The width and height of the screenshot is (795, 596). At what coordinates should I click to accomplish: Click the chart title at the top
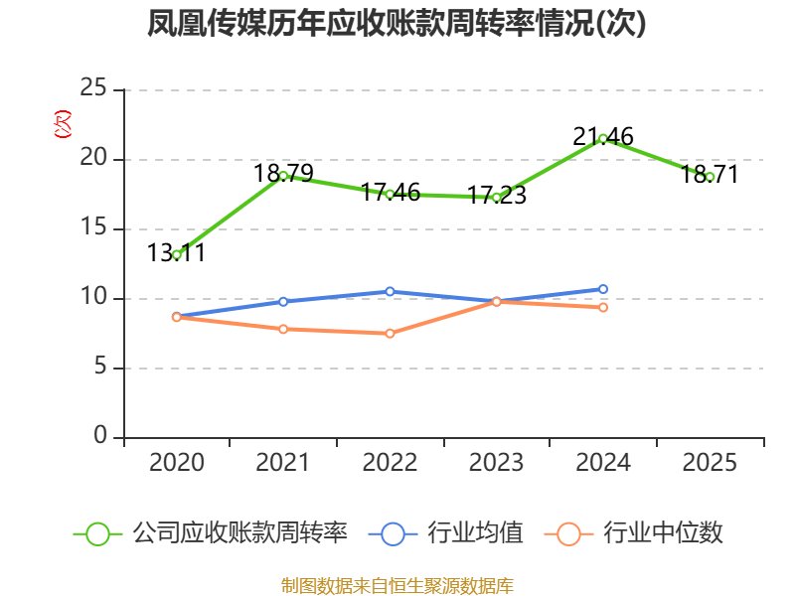[x=397, y=24]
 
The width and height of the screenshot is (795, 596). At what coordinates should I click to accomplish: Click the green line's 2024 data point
[x=603, y=138]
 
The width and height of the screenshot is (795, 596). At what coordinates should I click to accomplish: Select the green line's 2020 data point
[x=177, y=254]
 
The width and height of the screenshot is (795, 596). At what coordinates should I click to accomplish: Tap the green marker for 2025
[x=711, y=177]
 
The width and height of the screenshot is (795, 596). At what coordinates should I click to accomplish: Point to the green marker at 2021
[x=283, y=176]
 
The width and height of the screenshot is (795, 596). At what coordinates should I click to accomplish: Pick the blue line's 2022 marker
[x=390, y=291]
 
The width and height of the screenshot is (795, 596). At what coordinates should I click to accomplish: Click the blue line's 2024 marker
[x=603, y=289]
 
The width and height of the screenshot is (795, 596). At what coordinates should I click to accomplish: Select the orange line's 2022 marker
[x=390, y=333]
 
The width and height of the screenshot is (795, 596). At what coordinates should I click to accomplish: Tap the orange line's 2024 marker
[x=603, y=307]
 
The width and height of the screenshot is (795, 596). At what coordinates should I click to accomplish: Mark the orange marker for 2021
[x=283, y=329]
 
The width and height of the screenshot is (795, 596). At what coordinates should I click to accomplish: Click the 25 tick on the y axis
[x=93, y=89]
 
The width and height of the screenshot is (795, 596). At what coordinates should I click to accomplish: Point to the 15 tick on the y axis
[x=93, y=228]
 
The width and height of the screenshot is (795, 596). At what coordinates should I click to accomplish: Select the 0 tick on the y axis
[x=100, y=437]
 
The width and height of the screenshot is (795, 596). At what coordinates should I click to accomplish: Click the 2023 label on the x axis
[x=496, y=463]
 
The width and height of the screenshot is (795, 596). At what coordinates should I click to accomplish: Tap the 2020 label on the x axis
[x=177, y=463]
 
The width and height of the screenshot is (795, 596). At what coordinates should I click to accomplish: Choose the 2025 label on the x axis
[x=711, y=463]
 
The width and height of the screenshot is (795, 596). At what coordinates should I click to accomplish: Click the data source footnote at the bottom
[x=397, y=585]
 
